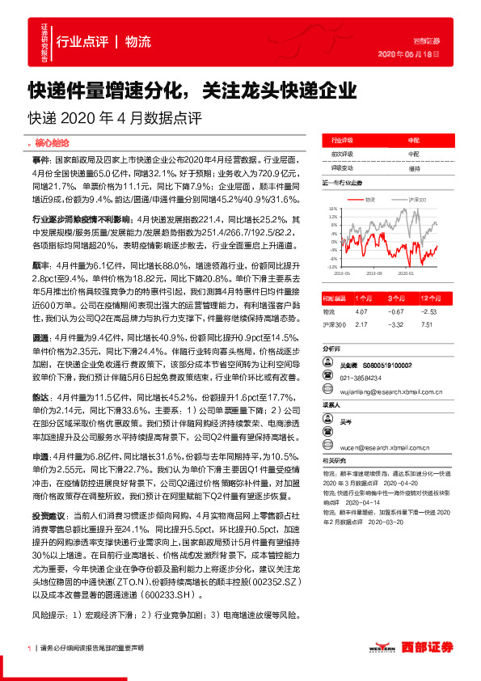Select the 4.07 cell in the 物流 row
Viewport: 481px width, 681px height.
[361, 311]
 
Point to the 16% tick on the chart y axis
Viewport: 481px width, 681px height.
[332, 209]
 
